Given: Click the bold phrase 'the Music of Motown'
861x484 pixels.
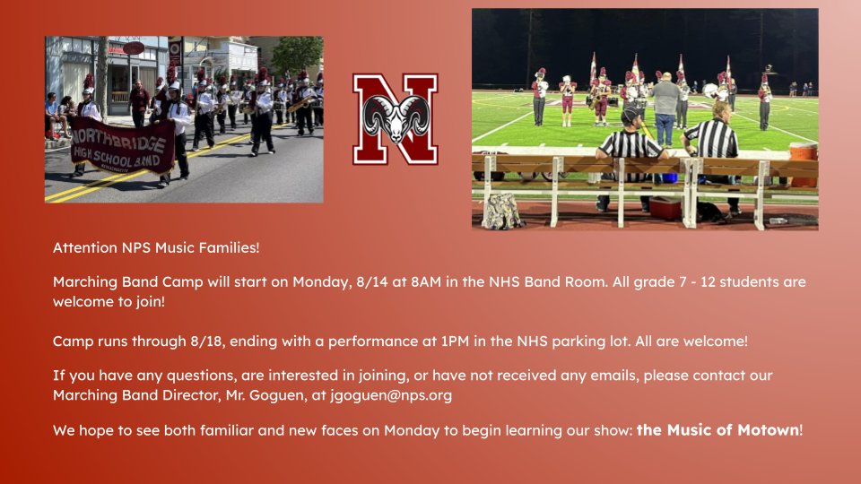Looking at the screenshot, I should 717,430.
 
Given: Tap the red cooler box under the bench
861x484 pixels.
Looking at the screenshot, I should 665,207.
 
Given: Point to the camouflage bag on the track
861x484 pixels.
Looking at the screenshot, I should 503,212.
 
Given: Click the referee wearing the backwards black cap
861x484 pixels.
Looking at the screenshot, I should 631,143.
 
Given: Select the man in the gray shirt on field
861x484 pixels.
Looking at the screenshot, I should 665,108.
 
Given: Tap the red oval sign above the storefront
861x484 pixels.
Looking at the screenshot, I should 133,48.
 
